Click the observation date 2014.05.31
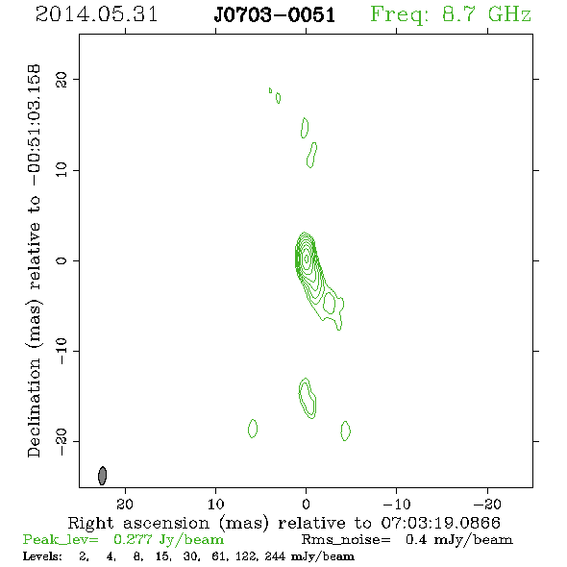96,14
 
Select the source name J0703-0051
275,15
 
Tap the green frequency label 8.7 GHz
486,14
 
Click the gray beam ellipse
102,476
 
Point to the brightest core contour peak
307,259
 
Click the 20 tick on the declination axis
62,80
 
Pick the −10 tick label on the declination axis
62,351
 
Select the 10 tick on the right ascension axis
216,505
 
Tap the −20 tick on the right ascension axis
487,505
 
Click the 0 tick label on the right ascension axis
306,505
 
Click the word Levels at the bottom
42,555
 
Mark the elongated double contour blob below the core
308,399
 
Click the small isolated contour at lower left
253,429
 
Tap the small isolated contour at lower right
345,431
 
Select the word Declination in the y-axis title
34,407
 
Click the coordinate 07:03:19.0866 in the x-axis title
441,523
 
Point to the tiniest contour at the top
270,90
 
